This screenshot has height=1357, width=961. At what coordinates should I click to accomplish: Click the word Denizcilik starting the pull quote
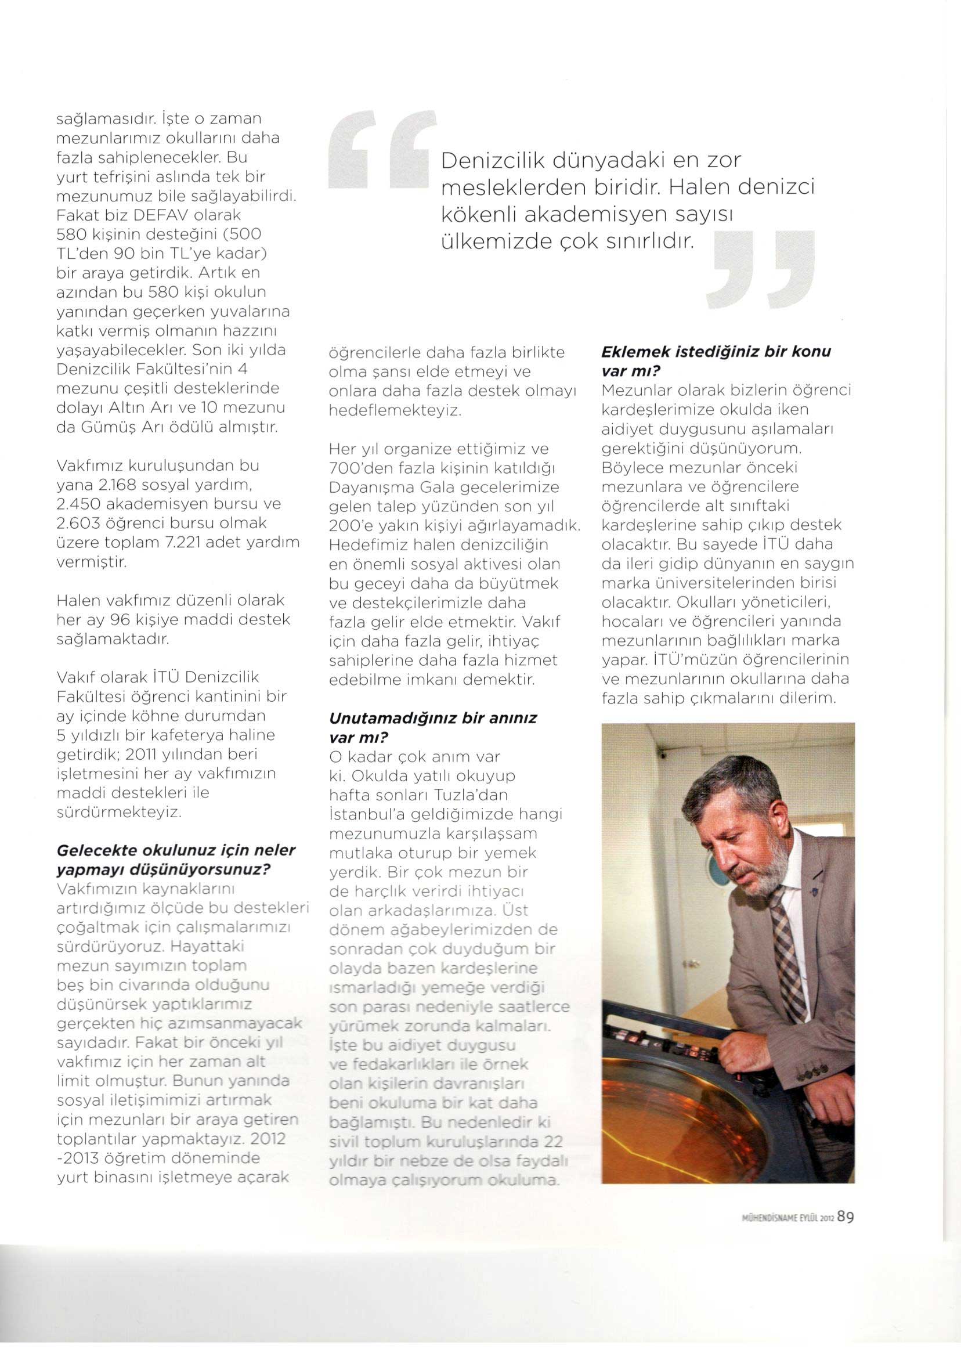click(x=488, y=161)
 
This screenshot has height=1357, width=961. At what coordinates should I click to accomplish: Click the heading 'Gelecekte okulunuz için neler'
click(x=176, y=850)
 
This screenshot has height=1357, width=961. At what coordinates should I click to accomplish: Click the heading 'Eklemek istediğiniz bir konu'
click(x=716, y=352)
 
